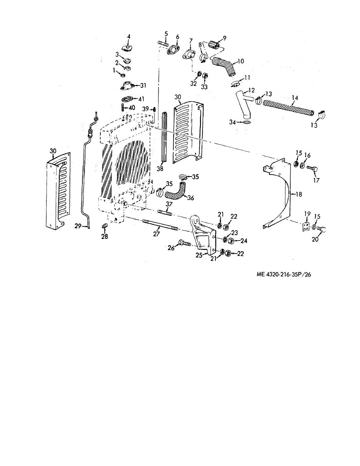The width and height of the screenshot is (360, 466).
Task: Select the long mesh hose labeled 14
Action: pos(288,107)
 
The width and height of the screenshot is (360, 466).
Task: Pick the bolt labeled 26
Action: pos(184,243)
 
